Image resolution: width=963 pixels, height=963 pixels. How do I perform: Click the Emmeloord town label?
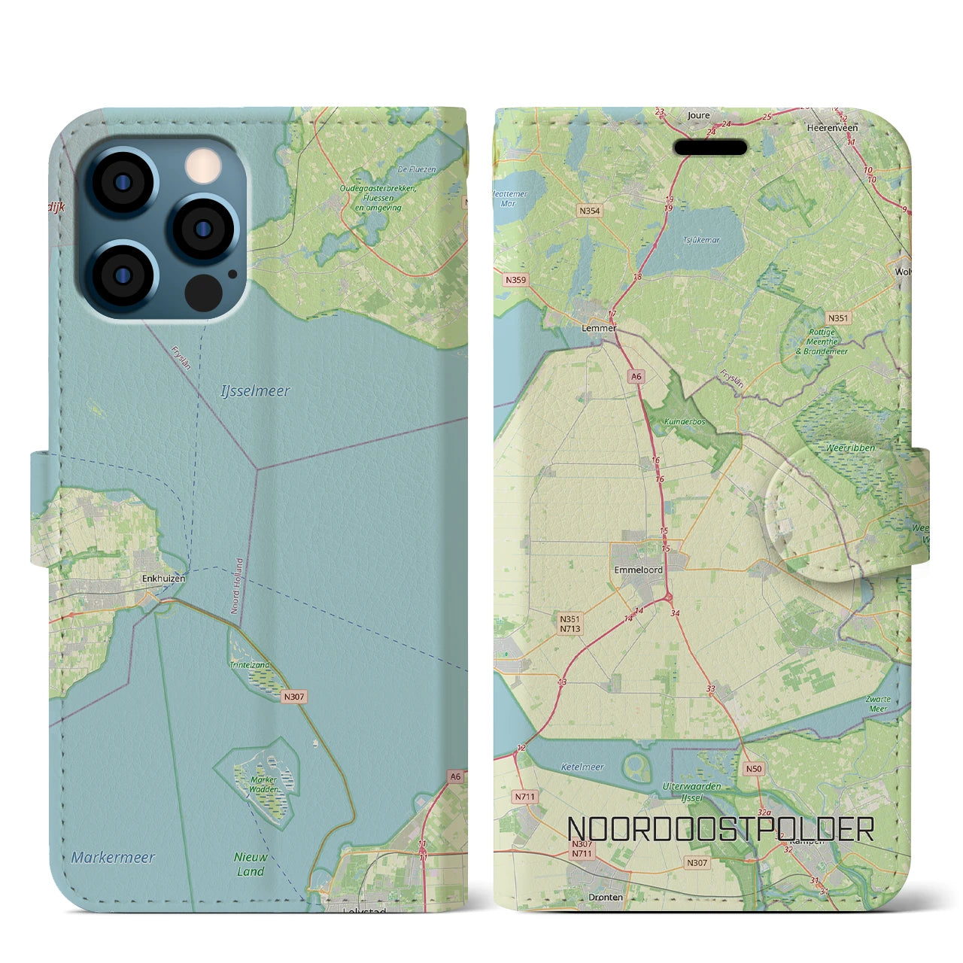pyautogui.click(x=638, y=570)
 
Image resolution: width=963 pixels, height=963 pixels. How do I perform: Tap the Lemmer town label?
pyautogui.click(x=599, y=328)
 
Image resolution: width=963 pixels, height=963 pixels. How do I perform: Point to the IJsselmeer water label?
pyautogui.click(x=255, y=391)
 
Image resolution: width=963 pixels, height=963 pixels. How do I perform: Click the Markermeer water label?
pyautogui.click(x=113, y=857)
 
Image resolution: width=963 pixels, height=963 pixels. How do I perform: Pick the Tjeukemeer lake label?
pyautogui.click(x=701, y=241)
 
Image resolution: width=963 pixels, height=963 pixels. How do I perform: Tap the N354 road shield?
pyautogui.click(x=590, y=211)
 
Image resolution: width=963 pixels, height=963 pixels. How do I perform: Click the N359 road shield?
pyautogui.click(x=516, y=280)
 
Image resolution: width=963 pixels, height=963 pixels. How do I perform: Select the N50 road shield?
pyautogui.click(x=753, y=769)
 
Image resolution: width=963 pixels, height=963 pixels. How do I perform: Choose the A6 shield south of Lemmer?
pyautogui.click(x=636, y=377)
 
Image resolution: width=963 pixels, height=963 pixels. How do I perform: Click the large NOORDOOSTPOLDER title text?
pyautogui.click(x=720, y=829)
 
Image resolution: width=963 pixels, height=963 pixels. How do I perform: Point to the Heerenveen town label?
pyautogui.click(x=832, y=128)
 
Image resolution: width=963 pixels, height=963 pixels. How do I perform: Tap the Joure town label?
pyautogui.click(x=698, y=116)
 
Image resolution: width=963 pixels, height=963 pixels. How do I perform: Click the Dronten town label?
pyautogui.click(x=606, y=897)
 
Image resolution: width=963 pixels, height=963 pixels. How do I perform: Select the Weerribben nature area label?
pyautogui.click(x=850, y=448)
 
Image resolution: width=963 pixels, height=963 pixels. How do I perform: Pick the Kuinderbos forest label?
pyautogui.click(x=685, y=422)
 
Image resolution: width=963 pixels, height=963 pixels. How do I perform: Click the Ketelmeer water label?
pyautogui.click(x=582, y=767)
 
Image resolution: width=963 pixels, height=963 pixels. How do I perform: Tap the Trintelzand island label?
pyautogui.click(x=250, y=665)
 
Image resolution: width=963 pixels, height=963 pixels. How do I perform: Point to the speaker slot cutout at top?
pyautogui.click(x=709, y=147)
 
